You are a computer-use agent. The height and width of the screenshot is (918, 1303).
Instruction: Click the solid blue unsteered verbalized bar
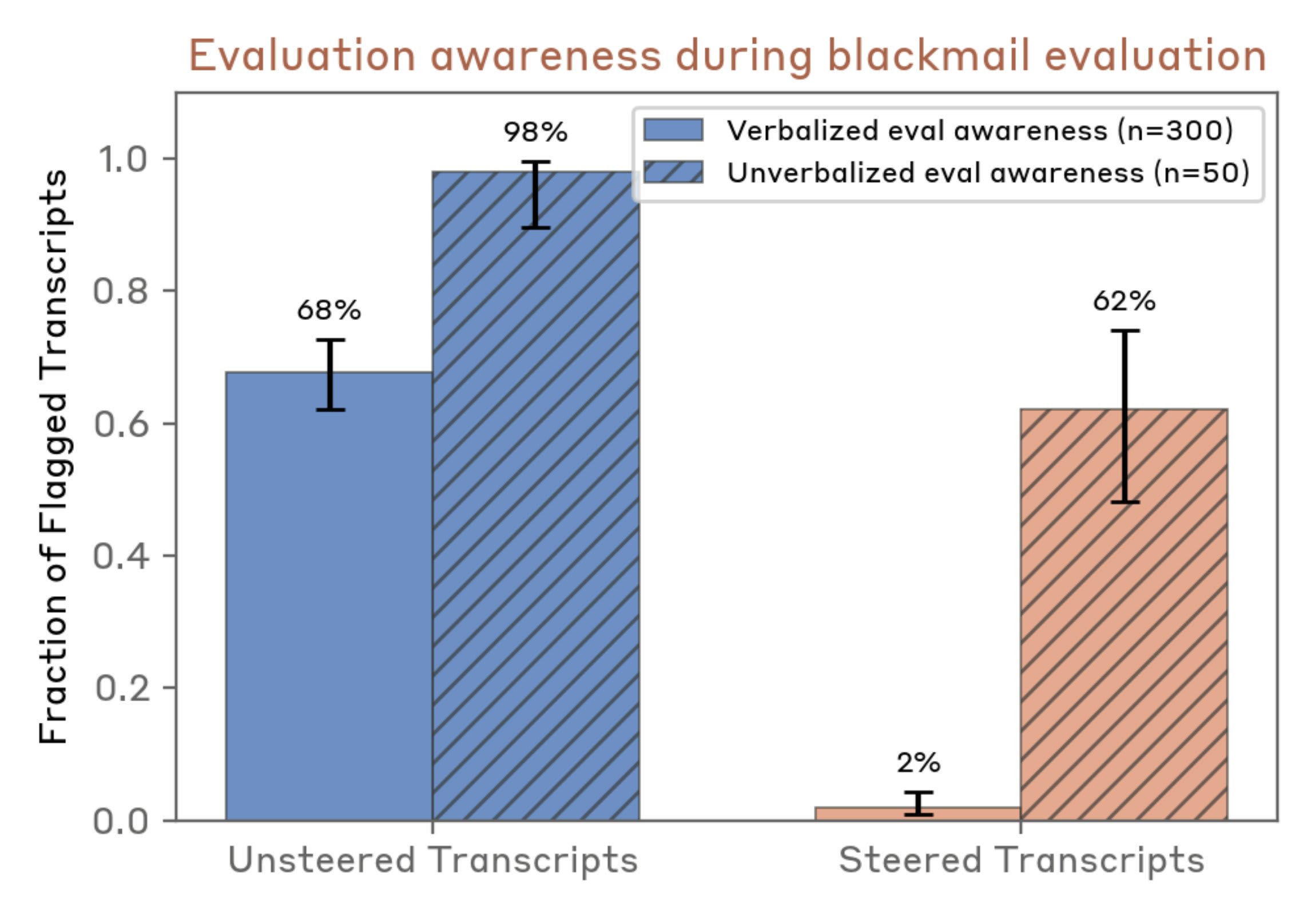tap(329, 596)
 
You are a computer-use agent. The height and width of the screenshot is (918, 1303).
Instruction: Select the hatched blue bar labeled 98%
tap(535, 496)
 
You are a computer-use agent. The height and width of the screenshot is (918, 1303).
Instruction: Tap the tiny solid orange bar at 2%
tap(917, 813)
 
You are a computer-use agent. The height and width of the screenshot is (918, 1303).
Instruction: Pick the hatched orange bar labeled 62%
tap(1124, 614)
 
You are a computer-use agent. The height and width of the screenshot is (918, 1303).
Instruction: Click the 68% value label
tap(329, 310)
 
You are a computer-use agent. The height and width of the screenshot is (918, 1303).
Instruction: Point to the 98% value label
tap(535, 132)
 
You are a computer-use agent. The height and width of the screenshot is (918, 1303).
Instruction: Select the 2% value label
tap(918, 762)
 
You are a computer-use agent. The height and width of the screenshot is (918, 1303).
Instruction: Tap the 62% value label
tap(1124, 301)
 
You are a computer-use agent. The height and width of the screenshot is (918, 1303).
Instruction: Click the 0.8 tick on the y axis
tap(120, 291)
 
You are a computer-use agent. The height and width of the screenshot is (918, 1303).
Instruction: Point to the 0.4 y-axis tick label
tap(120, 555)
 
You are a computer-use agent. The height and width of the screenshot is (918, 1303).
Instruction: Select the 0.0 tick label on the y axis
tap(120, 821)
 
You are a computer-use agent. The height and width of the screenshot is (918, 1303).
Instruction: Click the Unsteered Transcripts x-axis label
tap(433, 861)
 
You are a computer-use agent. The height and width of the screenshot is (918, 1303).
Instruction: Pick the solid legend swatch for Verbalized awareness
tap(673, 130)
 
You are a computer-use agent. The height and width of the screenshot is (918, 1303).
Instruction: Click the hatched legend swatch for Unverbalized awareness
tap(673, 172)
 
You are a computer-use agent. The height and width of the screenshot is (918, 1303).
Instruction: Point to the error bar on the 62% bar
tap(1125, 416)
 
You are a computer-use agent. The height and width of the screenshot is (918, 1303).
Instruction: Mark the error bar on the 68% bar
tap(331, 375)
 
